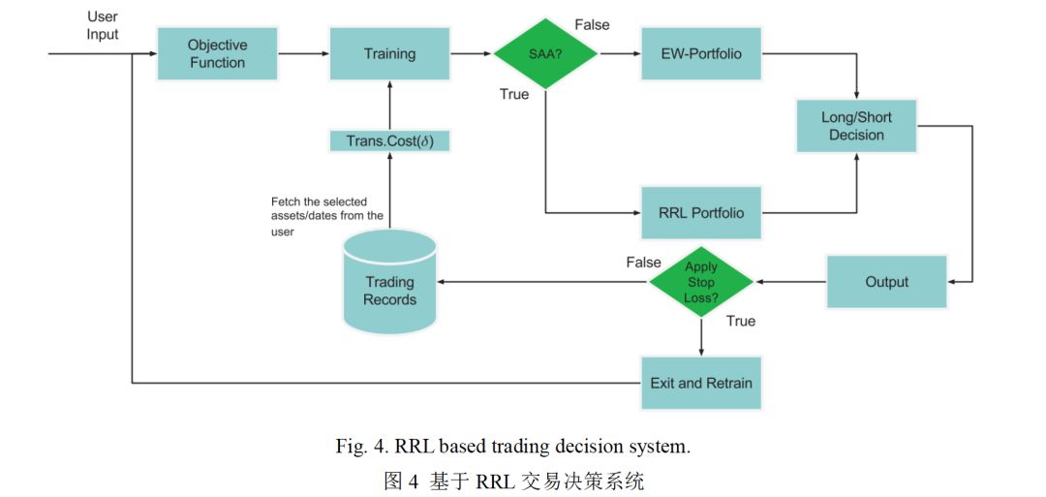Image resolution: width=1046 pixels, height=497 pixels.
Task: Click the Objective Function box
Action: [x=217, y=54]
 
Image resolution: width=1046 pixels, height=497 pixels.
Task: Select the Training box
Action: [x=389, y=54]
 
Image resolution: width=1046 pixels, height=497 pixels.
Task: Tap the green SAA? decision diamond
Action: [x=545, y=54]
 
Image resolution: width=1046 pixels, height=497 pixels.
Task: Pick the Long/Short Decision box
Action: [x=856, y=126]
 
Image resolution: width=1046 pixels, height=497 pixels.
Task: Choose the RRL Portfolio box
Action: [x=701, y=212]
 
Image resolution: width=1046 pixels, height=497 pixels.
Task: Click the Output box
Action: [x=886, y=282]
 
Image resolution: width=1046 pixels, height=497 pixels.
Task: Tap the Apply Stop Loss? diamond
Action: [x=701, y=282]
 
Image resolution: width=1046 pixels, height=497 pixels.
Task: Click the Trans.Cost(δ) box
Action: [x=389, y=141]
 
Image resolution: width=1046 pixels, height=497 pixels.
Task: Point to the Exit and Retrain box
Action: [x=700, y=383]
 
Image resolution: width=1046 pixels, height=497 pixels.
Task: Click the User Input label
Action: [x=103, y=26]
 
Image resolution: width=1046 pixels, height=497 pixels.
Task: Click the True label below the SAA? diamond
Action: [x=514, y=94]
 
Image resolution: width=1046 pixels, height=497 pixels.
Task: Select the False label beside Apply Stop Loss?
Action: [x=643, y=263]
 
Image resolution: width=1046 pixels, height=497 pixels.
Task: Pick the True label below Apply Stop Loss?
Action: [x=741, y=321]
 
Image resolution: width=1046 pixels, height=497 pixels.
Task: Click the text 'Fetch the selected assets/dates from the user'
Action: [x=326, y=216]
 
